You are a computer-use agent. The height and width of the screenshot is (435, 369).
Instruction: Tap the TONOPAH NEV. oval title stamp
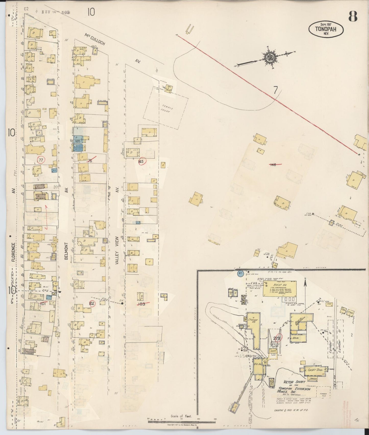click(x=326, y=29)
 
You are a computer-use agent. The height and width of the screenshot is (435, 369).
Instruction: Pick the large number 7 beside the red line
click(x=275, y=90)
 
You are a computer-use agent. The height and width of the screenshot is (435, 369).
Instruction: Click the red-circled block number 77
click(x=41, y=160)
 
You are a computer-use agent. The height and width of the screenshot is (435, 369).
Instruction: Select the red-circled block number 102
click(x=92, y=304)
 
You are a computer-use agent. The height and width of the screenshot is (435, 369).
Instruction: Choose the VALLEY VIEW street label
click(x=117, y=250)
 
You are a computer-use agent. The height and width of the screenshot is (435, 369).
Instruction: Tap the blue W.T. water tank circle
click(x=240, y=273)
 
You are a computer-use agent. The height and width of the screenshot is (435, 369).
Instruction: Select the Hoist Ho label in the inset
click(x=280, y=285)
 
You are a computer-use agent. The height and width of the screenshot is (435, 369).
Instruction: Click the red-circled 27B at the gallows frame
click(x=278, y=338)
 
